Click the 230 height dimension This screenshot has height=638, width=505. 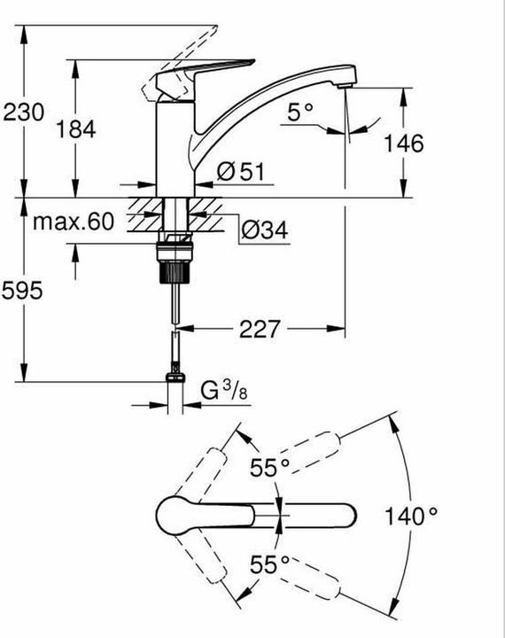tap(20, 113)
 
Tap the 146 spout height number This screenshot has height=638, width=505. tap(405, 143)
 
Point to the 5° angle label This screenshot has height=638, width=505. tap(301, 111)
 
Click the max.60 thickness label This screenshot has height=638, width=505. tap(74, 221)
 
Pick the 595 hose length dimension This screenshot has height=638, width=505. tap(20, 293)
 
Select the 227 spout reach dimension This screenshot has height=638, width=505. tap(259, 329)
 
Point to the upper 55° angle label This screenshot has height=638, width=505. tap(269, 469)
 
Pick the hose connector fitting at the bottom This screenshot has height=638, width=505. tap(175, 378)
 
